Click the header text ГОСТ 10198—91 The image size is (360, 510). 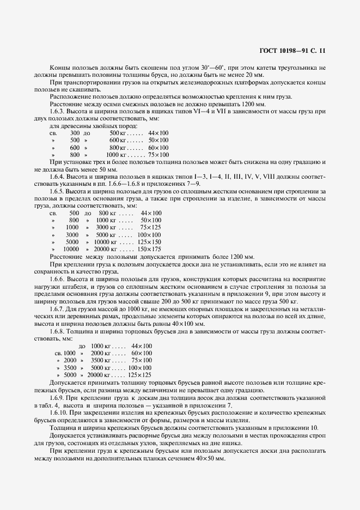(x=286, y=50)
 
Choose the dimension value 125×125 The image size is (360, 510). (x=140, y=375)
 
